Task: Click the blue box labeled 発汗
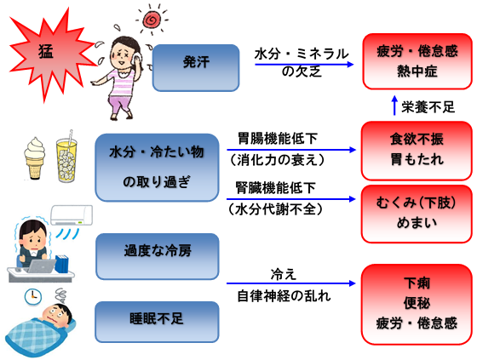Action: tap(196, 68)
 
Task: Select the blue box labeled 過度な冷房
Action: tap(158, 256)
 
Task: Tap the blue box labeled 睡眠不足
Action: tap(157, 322)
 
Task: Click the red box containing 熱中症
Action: tap(417, 61)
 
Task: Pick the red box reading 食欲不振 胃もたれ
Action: tap(417, 151)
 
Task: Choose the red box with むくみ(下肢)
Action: tap(417, 214)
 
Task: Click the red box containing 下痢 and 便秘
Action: tap(417, 305)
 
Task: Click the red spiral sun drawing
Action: tap(152, 20)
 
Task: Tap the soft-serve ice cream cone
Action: tap(35, 158)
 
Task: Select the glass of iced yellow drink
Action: tap(66, 158)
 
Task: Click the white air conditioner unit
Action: tap(72, 215)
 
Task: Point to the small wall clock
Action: tap(33, 296)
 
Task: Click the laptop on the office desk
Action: tap(42, 266)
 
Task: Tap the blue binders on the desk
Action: tap(61, 264)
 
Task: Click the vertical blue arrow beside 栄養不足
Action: tap(394, 106)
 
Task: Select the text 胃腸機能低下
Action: tap(278, 139)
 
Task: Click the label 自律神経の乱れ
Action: tap(284, 295)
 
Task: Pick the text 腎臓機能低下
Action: tap(276, 187)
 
